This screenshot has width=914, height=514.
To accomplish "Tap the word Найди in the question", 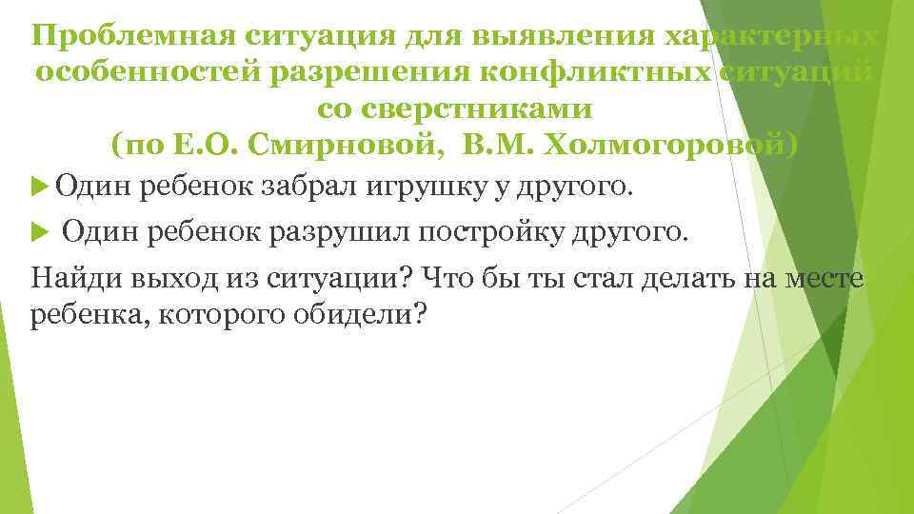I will point(68,278).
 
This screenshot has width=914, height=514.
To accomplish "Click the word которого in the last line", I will point(209,316).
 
